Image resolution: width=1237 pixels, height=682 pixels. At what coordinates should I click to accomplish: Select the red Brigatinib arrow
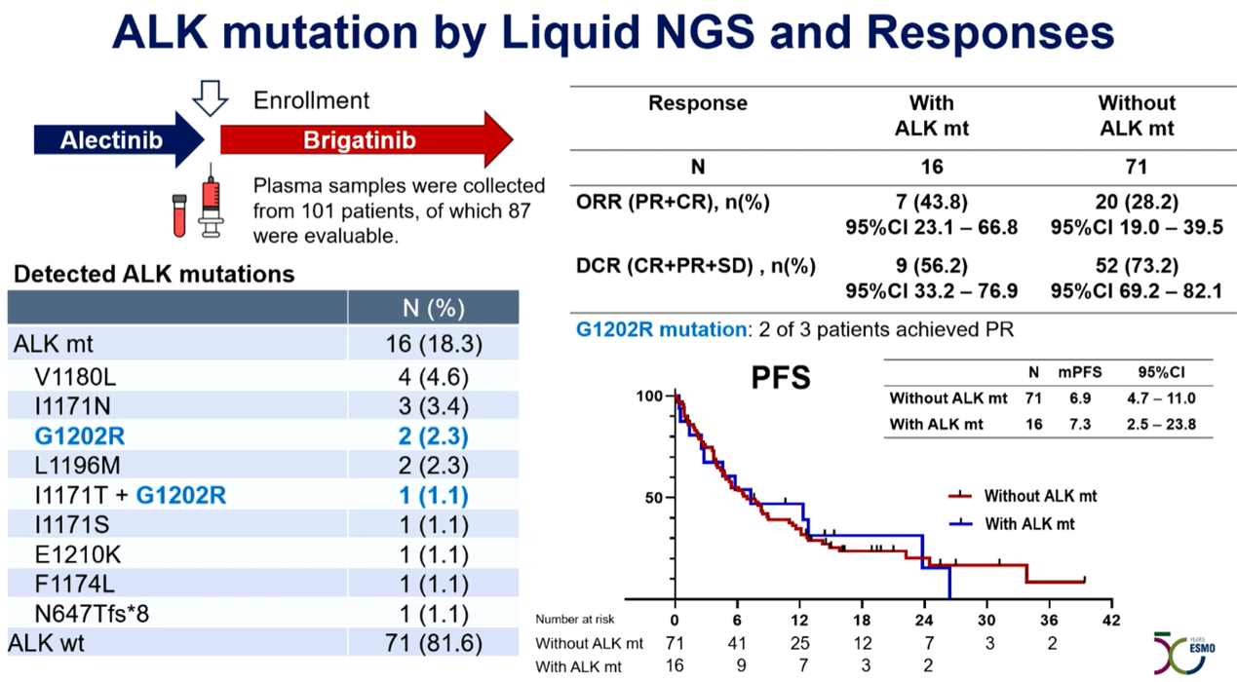[x=361, y=140]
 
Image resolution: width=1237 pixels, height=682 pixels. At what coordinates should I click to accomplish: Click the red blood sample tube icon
[x=179, y=214]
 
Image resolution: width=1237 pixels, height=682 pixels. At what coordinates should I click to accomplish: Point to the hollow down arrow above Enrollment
[x=210, y=98]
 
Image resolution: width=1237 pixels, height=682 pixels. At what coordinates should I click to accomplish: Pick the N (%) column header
[x=434, y=308]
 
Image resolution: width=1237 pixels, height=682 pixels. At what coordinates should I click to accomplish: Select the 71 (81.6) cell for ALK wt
[x=434, y=644]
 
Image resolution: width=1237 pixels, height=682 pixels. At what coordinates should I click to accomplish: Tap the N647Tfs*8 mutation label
[x=93, y=615]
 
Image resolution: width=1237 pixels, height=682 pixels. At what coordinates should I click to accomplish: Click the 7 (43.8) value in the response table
[x=931, y=202]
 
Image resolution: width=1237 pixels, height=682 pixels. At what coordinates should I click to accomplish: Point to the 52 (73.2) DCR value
[x=1137, y=266]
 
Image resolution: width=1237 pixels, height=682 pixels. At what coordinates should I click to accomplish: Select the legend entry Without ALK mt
[x=1039, y=496]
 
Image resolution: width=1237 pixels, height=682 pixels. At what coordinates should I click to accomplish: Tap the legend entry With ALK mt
[x=1029, y=524]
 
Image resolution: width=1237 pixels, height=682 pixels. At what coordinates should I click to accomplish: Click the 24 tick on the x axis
[x=923, y=620]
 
